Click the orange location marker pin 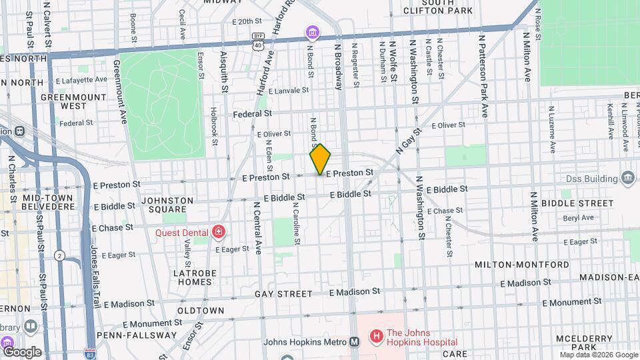pyautogui.click(x=320, y=159)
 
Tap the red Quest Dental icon pyautogui.click(x=219, y=232)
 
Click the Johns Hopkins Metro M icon pyautogui.click(x=355, y=342)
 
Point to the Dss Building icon pyautogui.click(x=627, y=177)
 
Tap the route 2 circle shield pyautogui.click(x=59, y=255)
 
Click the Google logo pyautogui.click(x=21, y=352)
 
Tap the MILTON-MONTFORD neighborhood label pyautogui.click(x=521, y=265)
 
